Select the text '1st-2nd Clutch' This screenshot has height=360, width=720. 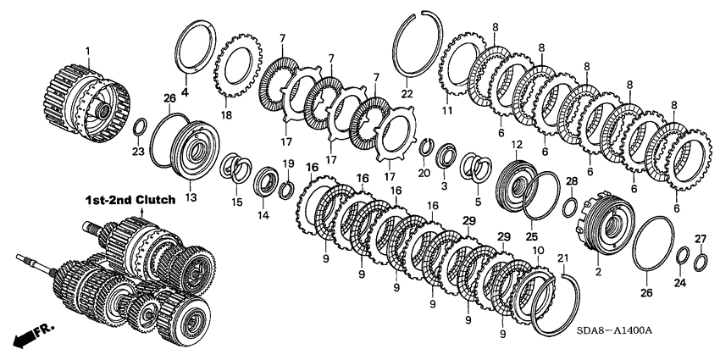(130, 200)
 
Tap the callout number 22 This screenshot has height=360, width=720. (407, 93)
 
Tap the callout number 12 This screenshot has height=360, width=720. (516, 145)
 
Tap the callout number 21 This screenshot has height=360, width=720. (561, 258)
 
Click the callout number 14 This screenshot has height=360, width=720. (263, 215)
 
